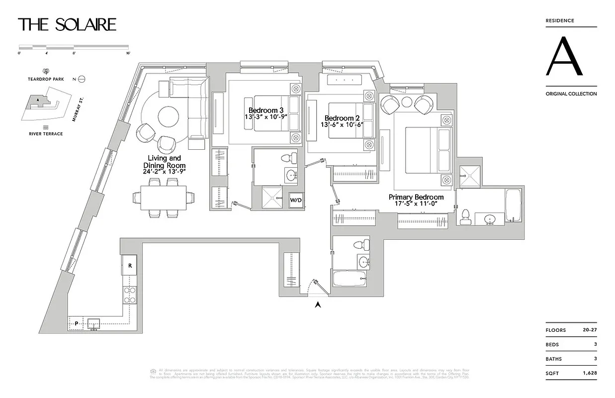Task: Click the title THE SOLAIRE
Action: pos(67,24)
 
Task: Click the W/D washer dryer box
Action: pos(296,200)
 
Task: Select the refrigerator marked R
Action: pos(130,265)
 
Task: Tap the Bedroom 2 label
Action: pos(342,118)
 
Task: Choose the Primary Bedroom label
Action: pos(416,198)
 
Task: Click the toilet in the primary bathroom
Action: pos(466,216)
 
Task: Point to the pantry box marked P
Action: pos(76,323)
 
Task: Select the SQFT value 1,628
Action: pos(590,373)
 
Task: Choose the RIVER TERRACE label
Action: pos(45,134)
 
